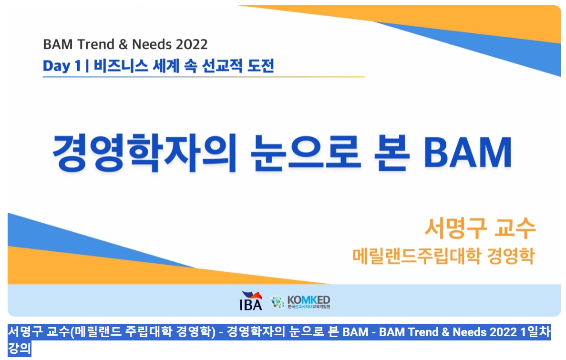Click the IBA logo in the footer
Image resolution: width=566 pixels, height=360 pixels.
[x=251, y=300]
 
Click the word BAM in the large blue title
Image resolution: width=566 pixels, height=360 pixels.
[x=468, y=153]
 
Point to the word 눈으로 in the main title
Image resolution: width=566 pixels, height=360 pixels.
[x=305, y=153]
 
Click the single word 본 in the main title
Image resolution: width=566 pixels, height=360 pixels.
[x=391, y=153]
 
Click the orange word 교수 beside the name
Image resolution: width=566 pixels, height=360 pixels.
[x=515, y=228]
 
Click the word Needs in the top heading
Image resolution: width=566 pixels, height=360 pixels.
[x=152, y=44]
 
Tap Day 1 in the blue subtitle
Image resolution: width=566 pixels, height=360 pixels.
[x=62, y=66]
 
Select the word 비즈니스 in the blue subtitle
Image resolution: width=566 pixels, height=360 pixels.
[x=121, y=66]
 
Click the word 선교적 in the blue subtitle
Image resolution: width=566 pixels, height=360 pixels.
[x=222, y=66]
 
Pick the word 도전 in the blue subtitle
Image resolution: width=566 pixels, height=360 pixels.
[x=261, y=66]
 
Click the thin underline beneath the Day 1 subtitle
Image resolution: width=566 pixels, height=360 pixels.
[x=204, y=77]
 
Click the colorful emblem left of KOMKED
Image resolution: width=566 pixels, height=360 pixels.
[x=278, y=302]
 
